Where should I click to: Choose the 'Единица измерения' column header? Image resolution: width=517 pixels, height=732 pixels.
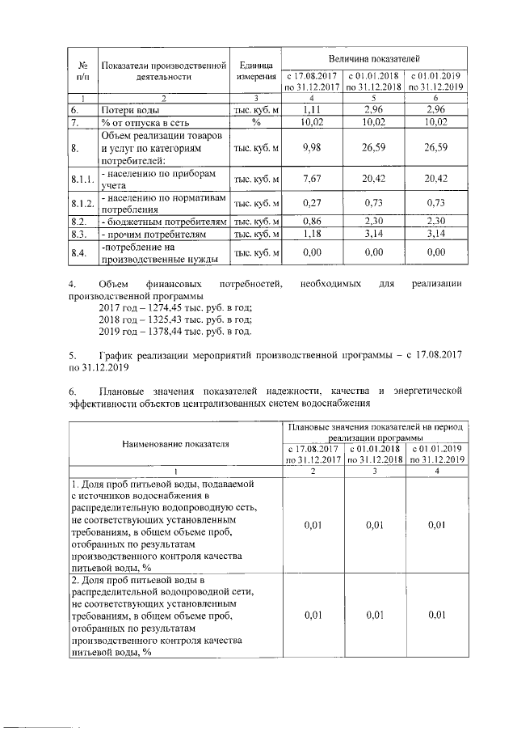(255, 70)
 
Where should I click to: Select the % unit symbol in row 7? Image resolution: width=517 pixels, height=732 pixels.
(255, 122)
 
